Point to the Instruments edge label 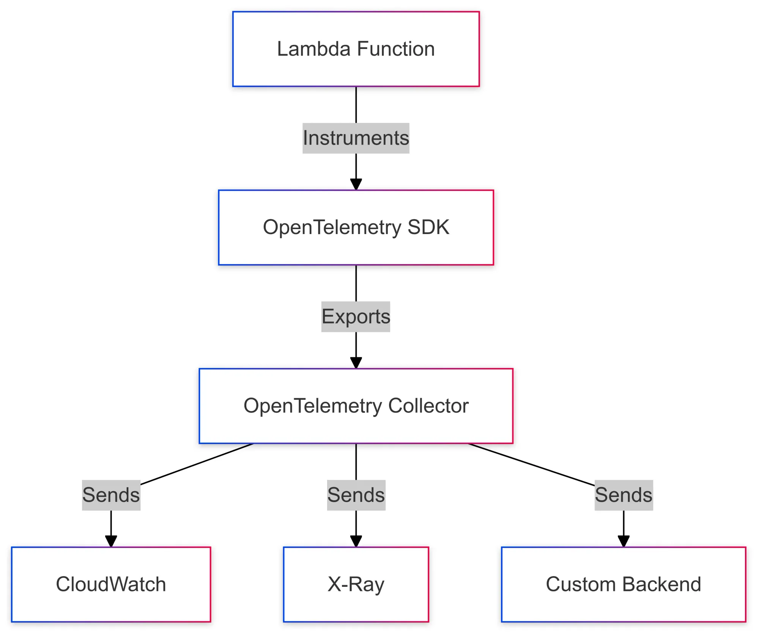[356, 138]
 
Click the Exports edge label [356, 317]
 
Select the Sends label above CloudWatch [111, 495]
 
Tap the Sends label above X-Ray [356, 495]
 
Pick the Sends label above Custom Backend [624, 495]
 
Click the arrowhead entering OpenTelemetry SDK [356, 184]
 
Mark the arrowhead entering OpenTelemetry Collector [356, 363]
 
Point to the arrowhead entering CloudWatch [111, 541]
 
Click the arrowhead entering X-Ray [356, 541]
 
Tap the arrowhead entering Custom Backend [624, 541]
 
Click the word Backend [661, 584]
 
